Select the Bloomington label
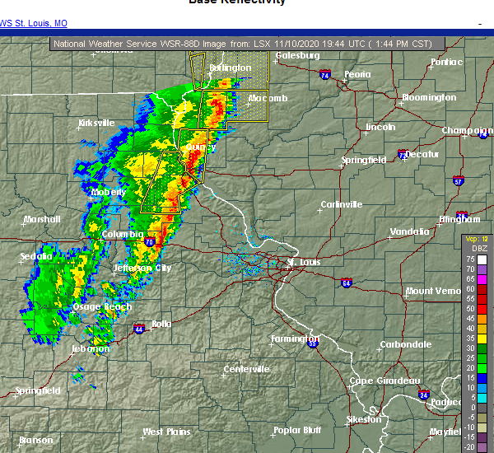click(428, 97)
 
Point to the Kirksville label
click(96, 123)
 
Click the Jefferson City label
click(142, 268)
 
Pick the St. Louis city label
click(301, 264)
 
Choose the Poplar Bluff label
click(297, 430)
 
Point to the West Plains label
click(166, 432)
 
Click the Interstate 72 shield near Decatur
click(403, 154)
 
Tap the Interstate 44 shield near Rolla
click(137, 327)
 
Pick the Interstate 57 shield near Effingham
click(458, 180)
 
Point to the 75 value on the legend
click(469, 259)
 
